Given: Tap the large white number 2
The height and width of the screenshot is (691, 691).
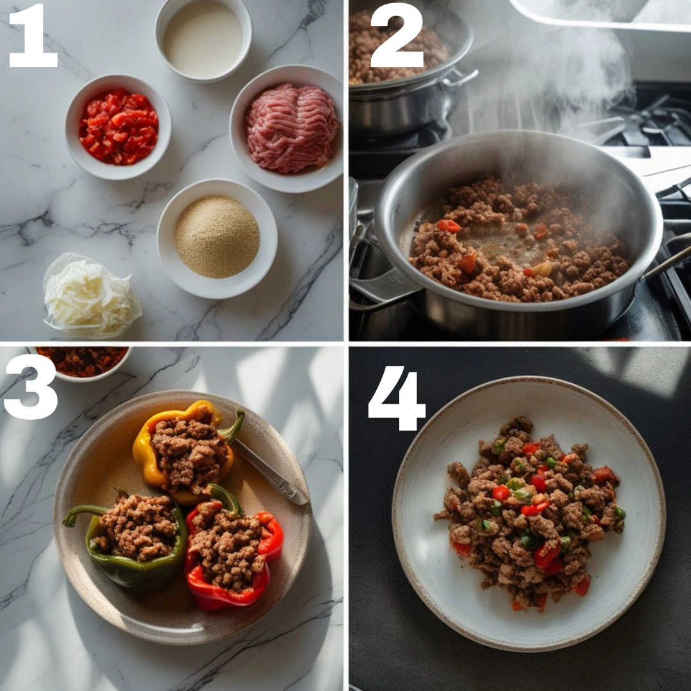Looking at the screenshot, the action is (397, 35).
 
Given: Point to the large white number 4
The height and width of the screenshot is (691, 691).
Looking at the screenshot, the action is (397, 398).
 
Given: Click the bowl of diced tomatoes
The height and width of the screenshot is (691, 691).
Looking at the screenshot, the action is (118, 127).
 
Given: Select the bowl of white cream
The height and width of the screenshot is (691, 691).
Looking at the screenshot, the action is (203, 40).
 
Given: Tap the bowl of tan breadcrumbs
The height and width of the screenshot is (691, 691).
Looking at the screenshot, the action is (218, 238).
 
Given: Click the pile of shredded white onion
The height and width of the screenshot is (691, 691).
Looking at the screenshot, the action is (91, 294).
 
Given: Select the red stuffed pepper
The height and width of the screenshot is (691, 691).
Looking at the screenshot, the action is (232, 553).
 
